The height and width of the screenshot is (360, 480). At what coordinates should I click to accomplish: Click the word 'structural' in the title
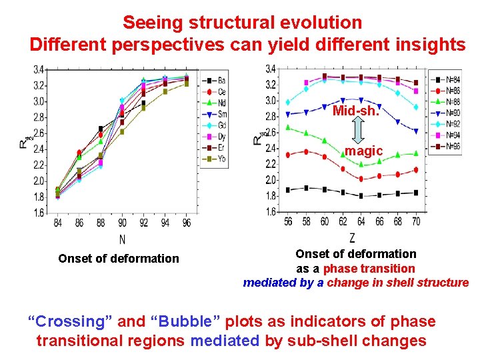tap(232, 22)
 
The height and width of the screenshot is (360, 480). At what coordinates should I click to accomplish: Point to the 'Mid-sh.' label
tap(355, 111)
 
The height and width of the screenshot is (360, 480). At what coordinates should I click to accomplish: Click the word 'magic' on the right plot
tap(363, 151)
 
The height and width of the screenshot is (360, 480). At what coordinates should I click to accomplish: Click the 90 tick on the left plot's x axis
tap(121, 223)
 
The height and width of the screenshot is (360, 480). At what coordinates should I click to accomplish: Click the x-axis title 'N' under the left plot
tap(122, 238)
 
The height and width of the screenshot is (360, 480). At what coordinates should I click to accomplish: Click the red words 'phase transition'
tap(369, 269)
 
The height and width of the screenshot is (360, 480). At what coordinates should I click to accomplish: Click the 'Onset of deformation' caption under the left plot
tap(119, 259)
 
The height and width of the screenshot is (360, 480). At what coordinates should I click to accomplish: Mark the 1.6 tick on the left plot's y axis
tap(39, 213)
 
